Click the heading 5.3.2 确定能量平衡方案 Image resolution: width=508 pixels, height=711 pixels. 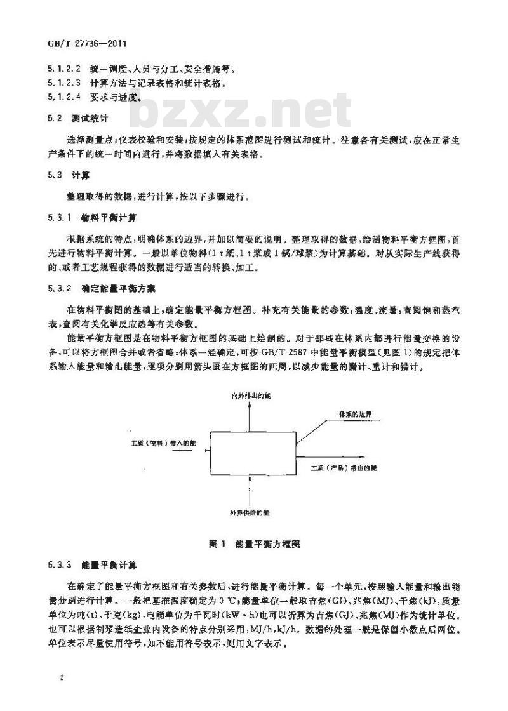[x=100, y=288]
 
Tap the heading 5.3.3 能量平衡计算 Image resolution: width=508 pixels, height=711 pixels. [x=96, y=564]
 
